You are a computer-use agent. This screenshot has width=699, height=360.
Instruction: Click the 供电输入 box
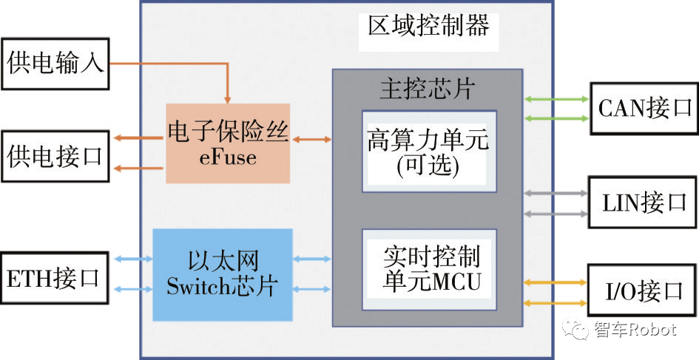click(55, 63)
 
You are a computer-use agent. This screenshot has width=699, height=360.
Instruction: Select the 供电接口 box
click(55, 156)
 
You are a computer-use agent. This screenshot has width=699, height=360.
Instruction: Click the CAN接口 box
click(643, 108)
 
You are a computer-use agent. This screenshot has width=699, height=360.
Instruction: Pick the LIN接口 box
click(643, 203)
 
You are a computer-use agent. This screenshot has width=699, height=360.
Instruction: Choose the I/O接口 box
click(641, 291)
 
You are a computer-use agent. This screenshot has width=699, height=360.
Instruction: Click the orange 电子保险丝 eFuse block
click(228, 143)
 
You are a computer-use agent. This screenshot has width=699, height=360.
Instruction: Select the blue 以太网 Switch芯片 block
click(223, 274)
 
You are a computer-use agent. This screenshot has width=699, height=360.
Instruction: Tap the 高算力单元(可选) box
click(428, 152)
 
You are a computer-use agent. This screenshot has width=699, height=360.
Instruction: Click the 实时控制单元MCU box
click(428, 269)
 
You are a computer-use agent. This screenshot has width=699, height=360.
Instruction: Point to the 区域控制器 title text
click(429, 27)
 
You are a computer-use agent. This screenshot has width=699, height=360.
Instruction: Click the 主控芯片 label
click(427, 89)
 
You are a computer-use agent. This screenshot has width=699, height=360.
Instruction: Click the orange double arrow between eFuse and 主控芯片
click(311, 138)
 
